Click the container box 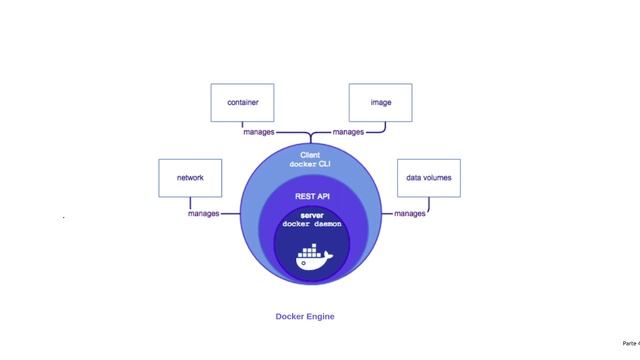[x=243, y=103]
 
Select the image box [x=381, y=103]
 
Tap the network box [x=190, y=178]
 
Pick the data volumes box [x=428, y=178]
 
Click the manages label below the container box [x=260, y=132]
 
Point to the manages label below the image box [x=348, y=132]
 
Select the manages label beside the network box [x=204, y=213]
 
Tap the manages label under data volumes [x=409, y=213]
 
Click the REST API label [x=312, y=197]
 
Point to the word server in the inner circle [x=312, y=216]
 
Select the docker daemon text [x=312, y=225]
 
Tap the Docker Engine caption [x=305, y=317]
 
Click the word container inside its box [x=243, y=102]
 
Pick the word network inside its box [x=190, y=178]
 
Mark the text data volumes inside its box [x=428, y=178]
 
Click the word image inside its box [x=381, y=102]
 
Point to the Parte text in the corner [x=630, y=342]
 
